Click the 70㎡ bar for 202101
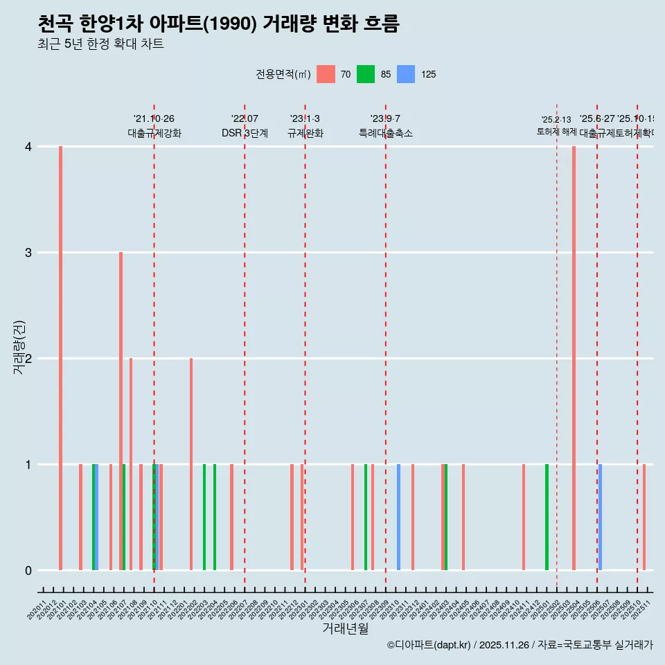(x=61, y=358)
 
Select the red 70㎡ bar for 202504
(x=574, y=358)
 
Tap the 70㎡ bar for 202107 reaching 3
(x=121, y=411)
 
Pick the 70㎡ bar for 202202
(x=191, y=464)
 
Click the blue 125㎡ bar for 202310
(x=398, y=517)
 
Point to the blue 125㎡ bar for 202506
(x=600, y=517)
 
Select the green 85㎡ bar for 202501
(x=547, y=517)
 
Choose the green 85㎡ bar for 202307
(x=366, y=517)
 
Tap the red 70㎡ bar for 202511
(x=644, y=517)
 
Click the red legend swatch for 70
(x=326, y=74)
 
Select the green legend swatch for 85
(x=366, y=74)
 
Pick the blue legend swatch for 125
(x=406, y=74)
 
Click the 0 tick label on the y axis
(x=28, y=571)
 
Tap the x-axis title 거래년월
(x=345, y=628)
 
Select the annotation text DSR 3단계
(x=245, y=133)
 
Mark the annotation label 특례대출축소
(x=385, y=133)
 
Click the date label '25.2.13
(x=556, y=120)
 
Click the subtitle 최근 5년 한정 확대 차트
(x=100, y=44)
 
